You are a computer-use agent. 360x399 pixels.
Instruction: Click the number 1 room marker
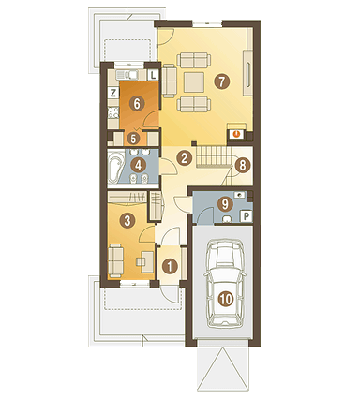(170, 266)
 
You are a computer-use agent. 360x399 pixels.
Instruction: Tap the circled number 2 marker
(185, 156)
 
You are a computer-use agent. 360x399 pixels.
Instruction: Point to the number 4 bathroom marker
(139, 167)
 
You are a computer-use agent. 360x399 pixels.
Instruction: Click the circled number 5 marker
(133, 140)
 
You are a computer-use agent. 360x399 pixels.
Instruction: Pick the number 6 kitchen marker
(137, 104)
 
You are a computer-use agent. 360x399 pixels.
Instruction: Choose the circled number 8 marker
(243, 167)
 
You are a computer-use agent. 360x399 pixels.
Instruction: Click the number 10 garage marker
(225, 300)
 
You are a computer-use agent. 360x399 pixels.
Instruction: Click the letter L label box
(152, 74)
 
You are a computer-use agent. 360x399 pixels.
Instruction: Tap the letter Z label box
(112, 93)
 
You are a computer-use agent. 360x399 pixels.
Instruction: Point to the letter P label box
(246, 215)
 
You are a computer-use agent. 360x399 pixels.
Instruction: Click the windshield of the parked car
(224, 265)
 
